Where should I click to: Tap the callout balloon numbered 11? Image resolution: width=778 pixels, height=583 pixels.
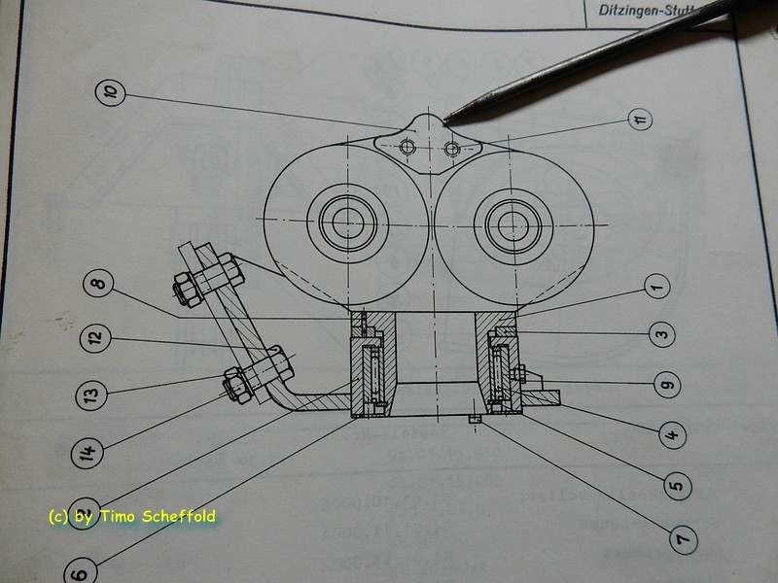[638, 120]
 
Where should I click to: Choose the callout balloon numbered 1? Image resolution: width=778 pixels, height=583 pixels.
[655, 287]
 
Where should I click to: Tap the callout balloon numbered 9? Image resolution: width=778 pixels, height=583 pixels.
[666, 385]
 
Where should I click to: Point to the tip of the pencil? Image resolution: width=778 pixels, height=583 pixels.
[447, 120]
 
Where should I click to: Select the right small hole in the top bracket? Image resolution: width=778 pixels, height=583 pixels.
[451, 147]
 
